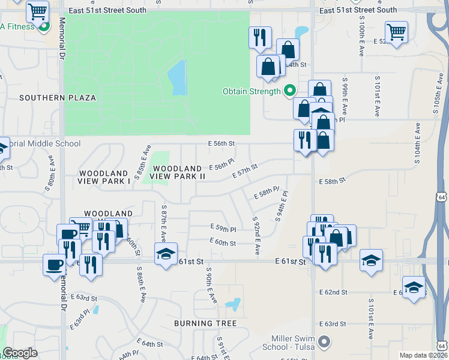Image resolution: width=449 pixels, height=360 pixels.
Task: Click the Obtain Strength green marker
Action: click(x=290, y=91)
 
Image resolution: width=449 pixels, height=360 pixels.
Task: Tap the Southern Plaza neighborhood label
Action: click(x=58, y=97)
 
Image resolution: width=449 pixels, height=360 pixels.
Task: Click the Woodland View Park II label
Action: click(x=177, y=172)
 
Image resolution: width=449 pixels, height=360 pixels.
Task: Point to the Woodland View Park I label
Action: click(x=104, y=177)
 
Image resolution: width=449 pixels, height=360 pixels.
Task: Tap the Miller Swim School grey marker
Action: click(x=325, y=342)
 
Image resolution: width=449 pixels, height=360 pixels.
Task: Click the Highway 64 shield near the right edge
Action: click(x=442, y=197)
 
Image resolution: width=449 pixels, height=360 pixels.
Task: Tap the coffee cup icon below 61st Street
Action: click(x=55, y=264)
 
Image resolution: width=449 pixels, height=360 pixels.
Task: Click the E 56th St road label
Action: click(x=221, y=144)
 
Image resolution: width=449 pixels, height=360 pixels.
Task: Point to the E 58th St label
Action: click(x=333, y=181)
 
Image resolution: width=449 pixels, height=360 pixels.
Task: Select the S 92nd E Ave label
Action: click(x=256, y=236)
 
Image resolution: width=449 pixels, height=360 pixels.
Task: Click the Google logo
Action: click(x=20, y=353)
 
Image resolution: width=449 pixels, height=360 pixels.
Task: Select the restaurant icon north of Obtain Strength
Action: click(x=260, y=38)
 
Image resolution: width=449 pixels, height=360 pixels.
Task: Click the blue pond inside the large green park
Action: click(x=177, y=78)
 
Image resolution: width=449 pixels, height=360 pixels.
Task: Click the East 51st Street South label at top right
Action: click(x=358, y=10)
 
